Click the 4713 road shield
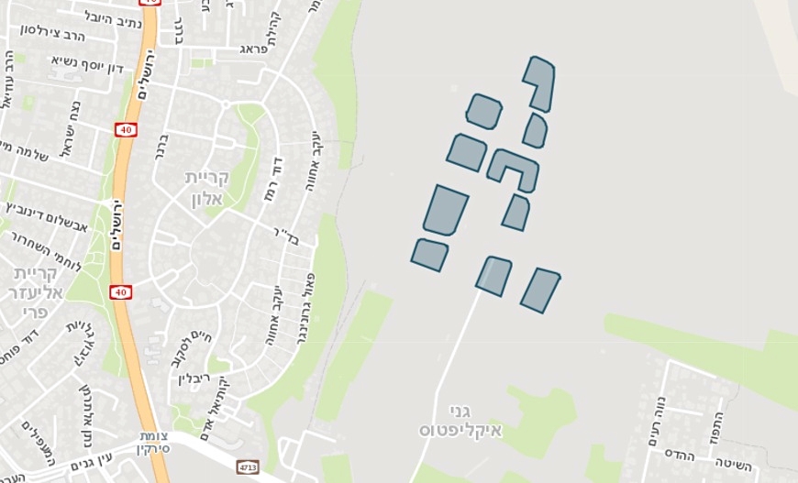click(x=248, y=467)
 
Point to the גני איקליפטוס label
click(x=450, y=421)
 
